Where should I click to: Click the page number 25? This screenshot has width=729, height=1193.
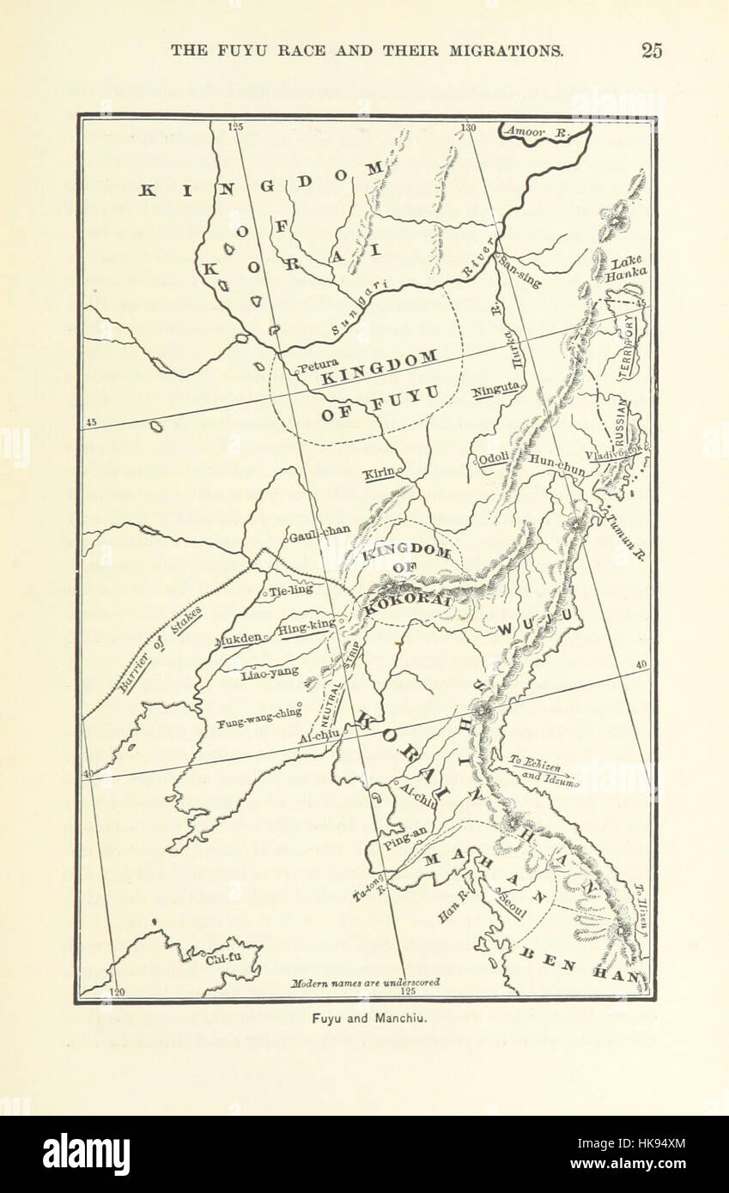pyautogui.click(x=651, y=51)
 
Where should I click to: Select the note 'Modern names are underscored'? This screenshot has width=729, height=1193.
pyautogui.click(x=365, y=982)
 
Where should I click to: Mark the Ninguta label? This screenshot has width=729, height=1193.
pyautogui.click(x=495, y=389)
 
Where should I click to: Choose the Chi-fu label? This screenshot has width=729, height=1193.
pyautogui.click(x=220, y=960)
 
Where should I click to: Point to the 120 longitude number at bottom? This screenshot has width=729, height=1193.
pyautogui.click(x=117, y=992)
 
